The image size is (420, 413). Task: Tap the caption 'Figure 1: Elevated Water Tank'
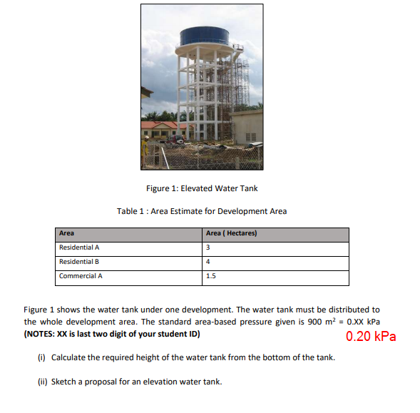(x=202, y=188)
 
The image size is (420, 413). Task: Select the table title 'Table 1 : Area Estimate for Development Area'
(x=202, y=211)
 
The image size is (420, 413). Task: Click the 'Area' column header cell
(x=66, y=234)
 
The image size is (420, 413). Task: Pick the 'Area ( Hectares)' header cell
(x=231, y=234)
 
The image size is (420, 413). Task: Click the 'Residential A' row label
(x=79, y=248)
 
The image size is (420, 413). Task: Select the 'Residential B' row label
(x=79, y=262)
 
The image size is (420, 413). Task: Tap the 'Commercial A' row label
(x=80, y=275)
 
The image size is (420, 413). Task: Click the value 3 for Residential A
(x=208, y=248)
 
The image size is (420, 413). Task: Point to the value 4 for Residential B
(x=208, y=262)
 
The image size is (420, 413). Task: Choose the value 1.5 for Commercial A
(x=210, y=275)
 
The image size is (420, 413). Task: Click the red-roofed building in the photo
(x=160, y=128)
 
